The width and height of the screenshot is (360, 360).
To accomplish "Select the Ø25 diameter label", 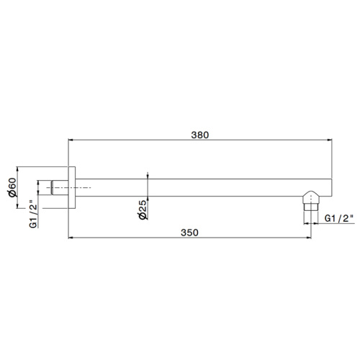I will (x=143, y=210).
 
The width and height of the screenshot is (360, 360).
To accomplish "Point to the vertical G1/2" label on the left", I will (x=33, y=215).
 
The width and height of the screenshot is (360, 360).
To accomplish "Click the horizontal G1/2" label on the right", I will (x=340, y=217).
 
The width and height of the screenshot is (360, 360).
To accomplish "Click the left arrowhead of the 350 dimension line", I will (x=71, y=237).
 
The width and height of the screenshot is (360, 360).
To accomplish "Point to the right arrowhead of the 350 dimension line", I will (x=307, y=237).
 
